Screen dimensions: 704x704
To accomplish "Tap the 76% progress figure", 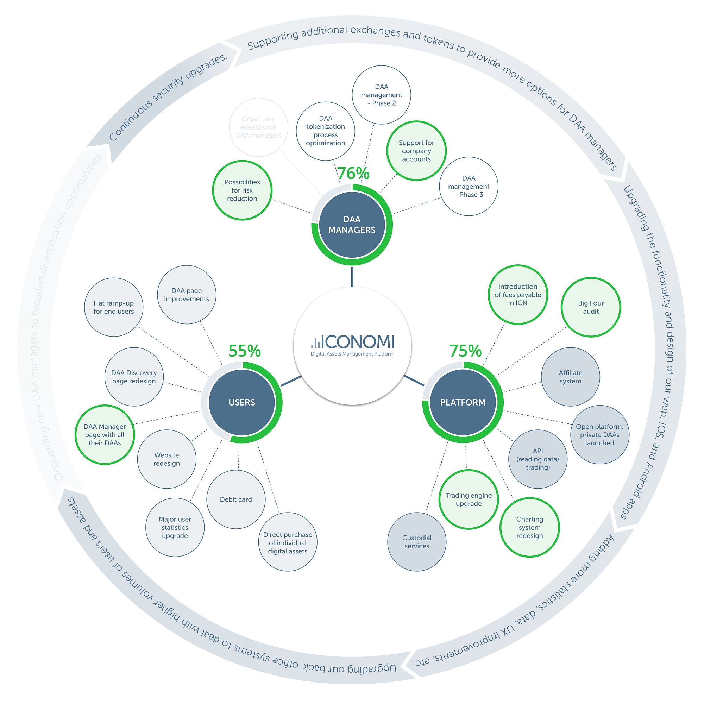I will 353,174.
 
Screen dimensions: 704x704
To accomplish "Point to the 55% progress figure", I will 245,351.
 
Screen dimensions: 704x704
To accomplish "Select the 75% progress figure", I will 465,351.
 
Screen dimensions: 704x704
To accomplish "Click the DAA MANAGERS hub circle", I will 352,225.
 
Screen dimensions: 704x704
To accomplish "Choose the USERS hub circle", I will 241,402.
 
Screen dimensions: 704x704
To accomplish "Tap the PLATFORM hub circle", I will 463,402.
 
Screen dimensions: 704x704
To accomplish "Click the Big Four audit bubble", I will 590,307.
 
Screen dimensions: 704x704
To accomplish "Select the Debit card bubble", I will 236,499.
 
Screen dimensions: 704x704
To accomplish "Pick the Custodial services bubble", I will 416,542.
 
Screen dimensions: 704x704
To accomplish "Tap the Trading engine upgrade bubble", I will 469,499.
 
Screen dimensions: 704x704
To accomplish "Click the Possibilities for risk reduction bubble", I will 242,190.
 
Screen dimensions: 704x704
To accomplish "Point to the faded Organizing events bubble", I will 258,127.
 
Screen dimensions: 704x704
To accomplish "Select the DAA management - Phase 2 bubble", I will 381,95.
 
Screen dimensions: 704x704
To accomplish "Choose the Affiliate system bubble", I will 570,377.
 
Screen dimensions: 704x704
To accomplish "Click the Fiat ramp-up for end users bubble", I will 114,307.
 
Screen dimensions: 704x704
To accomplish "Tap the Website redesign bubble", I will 166,459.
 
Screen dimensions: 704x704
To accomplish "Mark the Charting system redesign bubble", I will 529,527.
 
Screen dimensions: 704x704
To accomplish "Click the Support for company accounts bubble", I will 416,151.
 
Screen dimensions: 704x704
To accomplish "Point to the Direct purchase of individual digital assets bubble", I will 288,542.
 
